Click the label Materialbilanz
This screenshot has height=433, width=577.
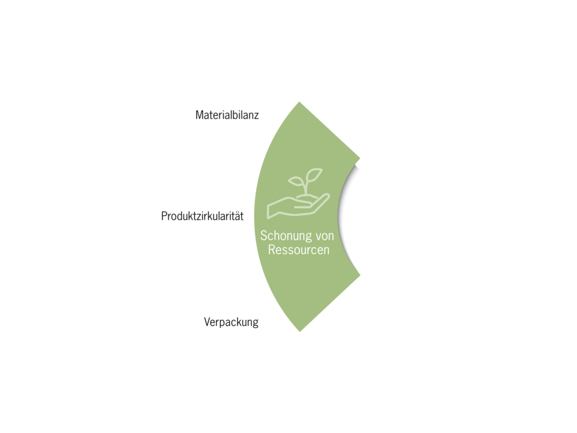click(x=227, y=115)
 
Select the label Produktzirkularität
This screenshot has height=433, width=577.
click(x=203, y=216)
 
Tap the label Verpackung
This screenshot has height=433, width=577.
click(x=231, y=322)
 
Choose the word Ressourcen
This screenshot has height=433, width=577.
click(x=299, y=250)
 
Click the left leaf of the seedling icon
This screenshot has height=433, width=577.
click(x=296, y=181)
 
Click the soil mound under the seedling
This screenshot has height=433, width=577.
click(x=306, y=198)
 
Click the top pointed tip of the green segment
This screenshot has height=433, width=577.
click(x=299, y=102)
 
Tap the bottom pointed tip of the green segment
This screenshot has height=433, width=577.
click(x=300, y=331)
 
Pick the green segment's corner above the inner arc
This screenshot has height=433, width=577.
click(x=359, y=159)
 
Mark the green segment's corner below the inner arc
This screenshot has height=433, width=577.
click(x=360, y=274)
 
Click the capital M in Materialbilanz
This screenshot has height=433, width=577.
click(x=200, y=115)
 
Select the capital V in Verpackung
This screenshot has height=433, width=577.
click(x=207, y=322)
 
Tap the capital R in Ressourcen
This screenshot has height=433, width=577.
click(x=272, y=250)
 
